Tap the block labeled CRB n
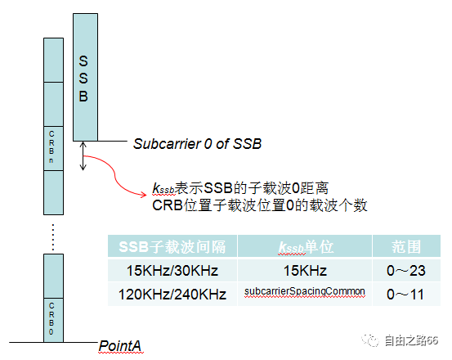(x=53, y=146)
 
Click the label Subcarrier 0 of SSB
(x=197, y=144)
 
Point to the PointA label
(x=121, y=346)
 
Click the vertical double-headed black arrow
(x=82, y=156)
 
